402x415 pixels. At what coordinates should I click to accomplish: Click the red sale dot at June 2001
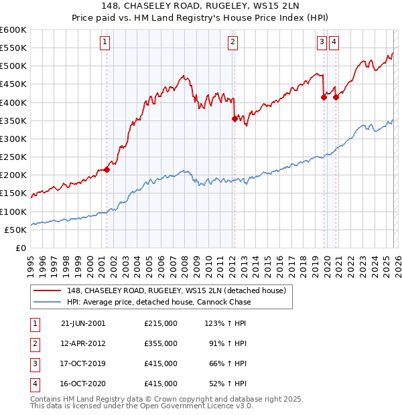(107, 169)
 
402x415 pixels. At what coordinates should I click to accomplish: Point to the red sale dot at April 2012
(234, 118)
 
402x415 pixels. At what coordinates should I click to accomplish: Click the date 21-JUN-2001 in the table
(83, 323)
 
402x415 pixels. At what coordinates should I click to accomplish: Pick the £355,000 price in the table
(160, 343)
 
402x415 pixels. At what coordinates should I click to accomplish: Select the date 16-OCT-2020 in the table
(83, 384)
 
